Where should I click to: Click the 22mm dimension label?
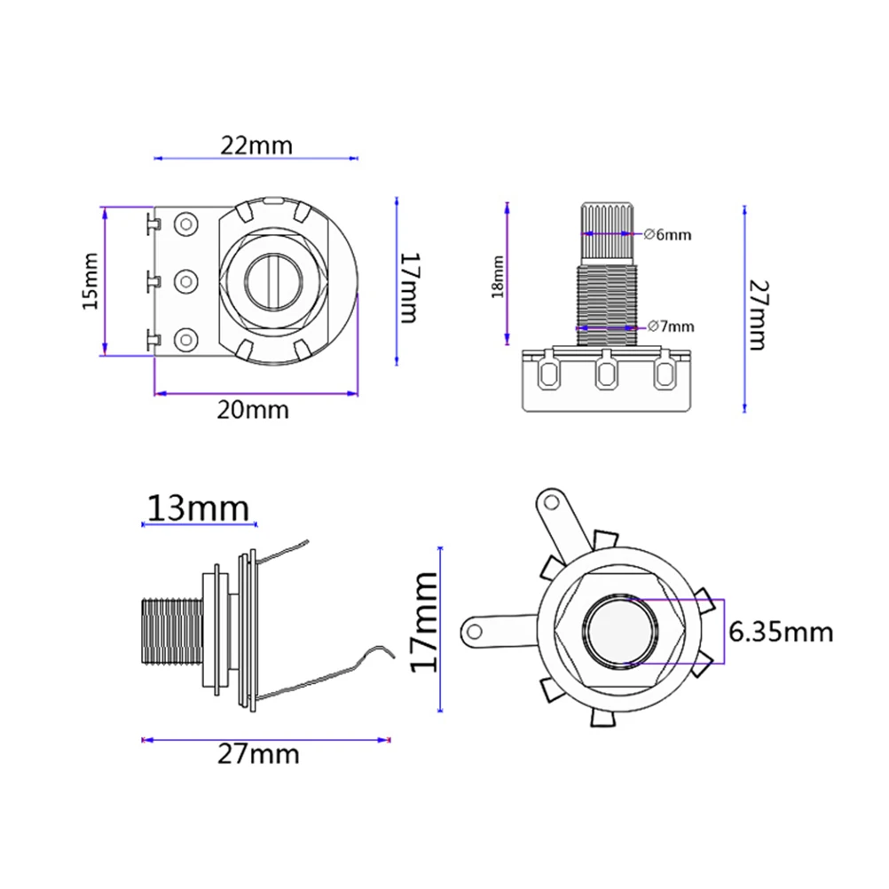256,145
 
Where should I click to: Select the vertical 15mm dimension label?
90,281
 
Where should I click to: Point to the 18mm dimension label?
499,276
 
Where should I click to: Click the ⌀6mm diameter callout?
666,235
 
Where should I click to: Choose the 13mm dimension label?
198,508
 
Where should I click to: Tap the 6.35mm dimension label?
781,632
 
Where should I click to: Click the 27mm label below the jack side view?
259,755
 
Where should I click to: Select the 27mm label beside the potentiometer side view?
757,315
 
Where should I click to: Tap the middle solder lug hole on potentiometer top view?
186,281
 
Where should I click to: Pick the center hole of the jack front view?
622,631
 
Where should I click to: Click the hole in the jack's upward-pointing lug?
552,502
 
